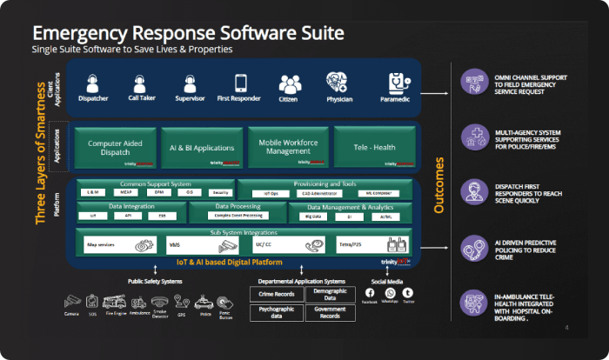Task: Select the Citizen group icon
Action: click(x=289, y=84)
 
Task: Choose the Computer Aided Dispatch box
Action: click(x=116, y=147)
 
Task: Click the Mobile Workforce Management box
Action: click(x=288, y=147)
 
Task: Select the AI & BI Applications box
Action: click(x=202, y=147)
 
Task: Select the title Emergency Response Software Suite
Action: click(x=188, y=33)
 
